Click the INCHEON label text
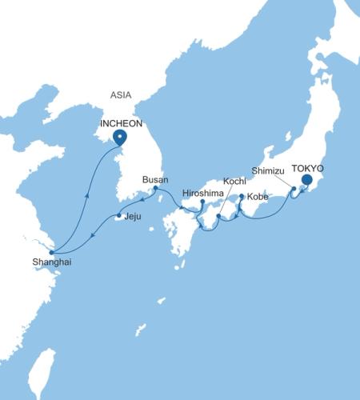[119, 124]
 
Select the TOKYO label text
[308, 168]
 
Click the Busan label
[155, 179]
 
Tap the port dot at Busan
[155, 189]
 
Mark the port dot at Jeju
[119, 216]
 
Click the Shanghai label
[46, 261]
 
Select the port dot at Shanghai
[50, 251]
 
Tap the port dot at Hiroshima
[202, 202]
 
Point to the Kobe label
[258, 196]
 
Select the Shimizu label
[267, 170]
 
